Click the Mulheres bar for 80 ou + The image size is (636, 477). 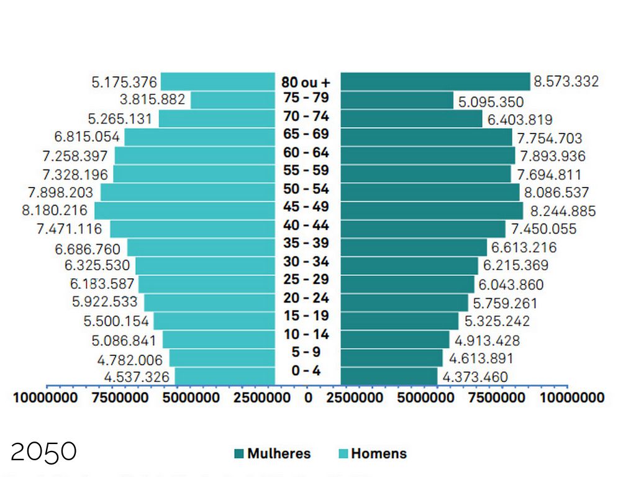(x=435, y=81)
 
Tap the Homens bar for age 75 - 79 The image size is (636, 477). (x=232, y=100)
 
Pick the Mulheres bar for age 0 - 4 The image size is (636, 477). (x=389, y=376)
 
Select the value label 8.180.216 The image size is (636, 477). (x=55, y=211)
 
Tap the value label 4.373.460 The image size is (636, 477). (x=475, y=377)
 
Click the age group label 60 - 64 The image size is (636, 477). (x=306, y=153)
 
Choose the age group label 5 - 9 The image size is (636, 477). (x=306, y=352)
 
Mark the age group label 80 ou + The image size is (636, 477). (x=306, y=82)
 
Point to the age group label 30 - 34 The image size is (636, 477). (x=306, y=261)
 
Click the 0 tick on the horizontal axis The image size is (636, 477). (x=309, y=397)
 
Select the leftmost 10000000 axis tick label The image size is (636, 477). (x=46, y=397)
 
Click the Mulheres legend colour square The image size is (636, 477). (x=239, y=454)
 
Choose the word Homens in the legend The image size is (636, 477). (x=379, y=454)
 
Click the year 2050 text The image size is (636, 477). (x=43, y=452)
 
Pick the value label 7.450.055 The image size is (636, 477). (x=544, y=229)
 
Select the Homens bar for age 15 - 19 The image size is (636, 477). (x=214, y=321)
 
